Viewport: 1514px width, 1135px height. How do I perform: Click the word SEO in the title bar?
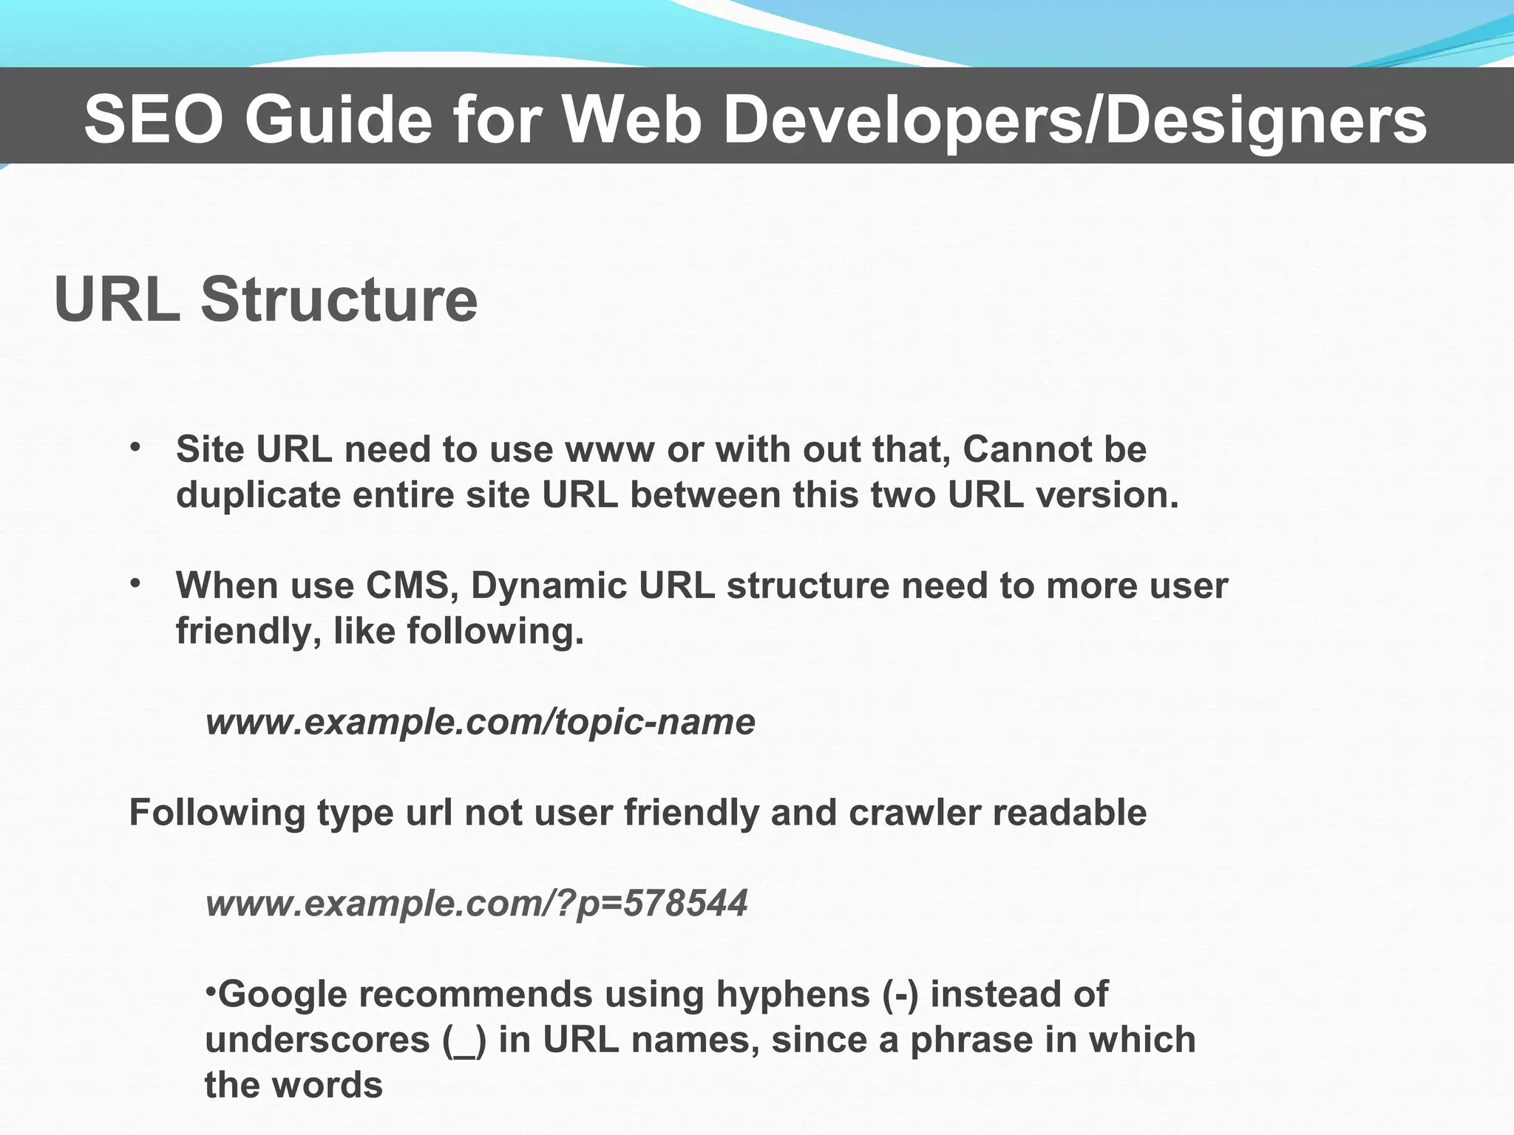[153, 120]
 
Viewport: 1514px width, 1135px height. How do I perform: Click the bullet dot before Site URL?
[135, 447]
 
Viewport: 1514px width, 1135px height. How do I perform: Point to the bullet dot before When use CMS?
[135, 583]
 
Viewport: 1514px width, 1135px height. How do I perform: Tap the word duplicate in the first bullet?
[258, 495]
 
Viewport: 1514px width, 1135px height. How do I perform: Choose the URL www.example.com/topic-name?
[480, 722]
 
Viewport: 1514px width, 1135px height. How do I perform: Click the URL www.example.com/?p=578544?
[476, 903]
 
